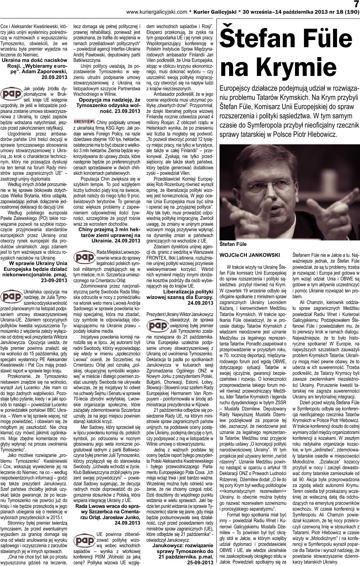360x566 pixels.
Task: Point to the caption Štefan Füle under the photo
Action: coord(233,244)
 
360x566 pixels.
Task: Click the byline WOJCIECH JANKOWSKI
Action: coord(250,255)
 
